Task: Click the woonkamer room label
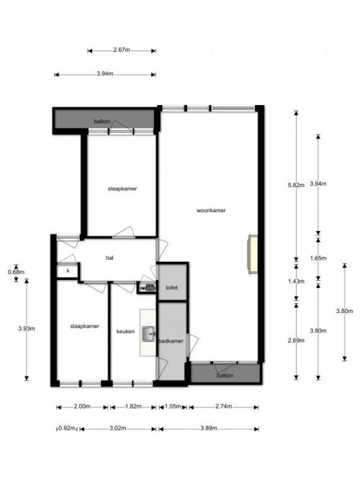tap(211, 210)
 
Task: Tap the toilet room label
tap(171, 287)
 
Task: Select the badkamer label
tap(171, 341)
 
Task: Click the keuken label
tap(125, 331)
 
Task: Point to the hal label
tap(109, 258)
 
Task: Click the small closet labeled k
tap(68, 271)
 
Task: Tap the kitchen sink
tap(149, 333)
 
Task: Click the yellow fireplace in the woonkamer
tap(253, 254)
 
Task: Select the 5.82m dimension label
tap(296, 185)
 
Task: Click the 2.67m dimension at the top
tap(122, 50)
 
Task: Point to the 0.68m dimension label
tap(17, 272)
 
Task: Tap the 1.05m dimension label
tap(173, 407)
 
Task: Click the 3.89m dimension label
tap(209, 428)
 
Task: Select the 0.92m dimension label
tap(67, 428)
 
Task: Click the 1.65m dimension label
tap(318, 258)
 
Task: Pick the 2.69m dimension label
tap(296, 340)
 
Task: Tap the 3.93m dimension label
tap(27, 328)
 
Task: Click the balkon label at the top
tap(102, 122)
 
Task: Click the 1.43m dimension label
tap(296, 281)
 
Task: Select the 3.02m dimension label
tap(118, 428)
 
